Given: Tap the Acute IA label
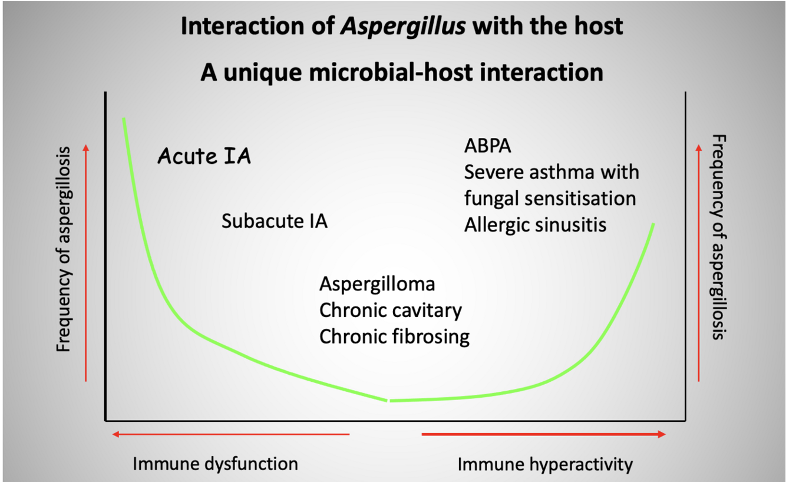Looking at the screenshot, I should (x=204, y=157).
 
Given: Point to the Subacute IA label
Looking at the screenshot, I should (x=275, y=222).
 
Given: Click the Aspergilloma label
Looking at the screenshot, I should (x=377, y=284).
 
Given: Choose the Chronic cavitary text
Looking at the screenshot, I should (x=391, y=310).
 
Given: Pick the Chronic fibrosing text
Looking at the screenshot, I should (x=394, y=336).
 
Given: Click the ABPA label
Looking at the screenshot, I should (x=488, y=146).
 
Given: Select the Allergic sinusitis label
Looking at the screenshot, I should (x=535, y=225).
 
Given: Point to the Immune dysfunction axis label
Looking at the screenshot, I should (x=215, y=463).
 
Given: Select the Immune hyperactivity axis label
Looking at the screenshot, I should (x=545, y=464).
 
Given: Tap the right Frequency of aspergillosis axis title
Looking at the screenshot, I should (x=719, y=237).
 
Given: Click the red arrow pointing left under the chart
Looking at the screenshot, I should (x=231, y=435).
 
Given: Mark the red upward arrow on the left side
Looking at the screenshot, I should (x=86, y=262).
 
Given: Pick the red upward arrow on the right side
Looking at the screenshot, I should (x=699, y=262).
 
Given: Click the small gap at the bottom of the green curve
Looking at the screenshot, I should (x=388, y=401).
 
